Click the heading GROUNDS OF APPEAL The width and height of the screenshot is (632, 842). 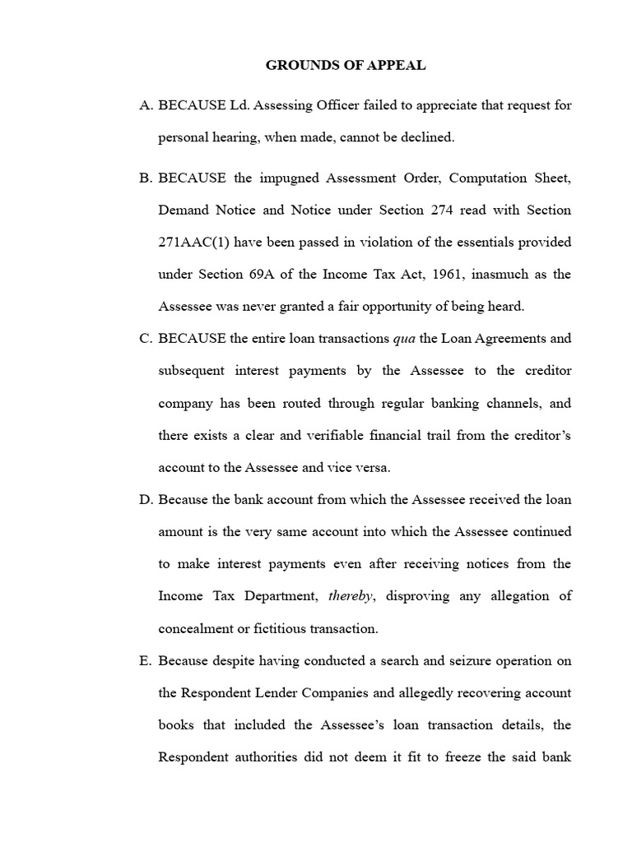(x=346, y=66)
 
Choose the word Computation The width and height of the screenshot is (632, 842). (x=467, y=178)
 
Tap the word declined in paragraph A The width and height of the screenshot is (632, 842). (x=426, y=137)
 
